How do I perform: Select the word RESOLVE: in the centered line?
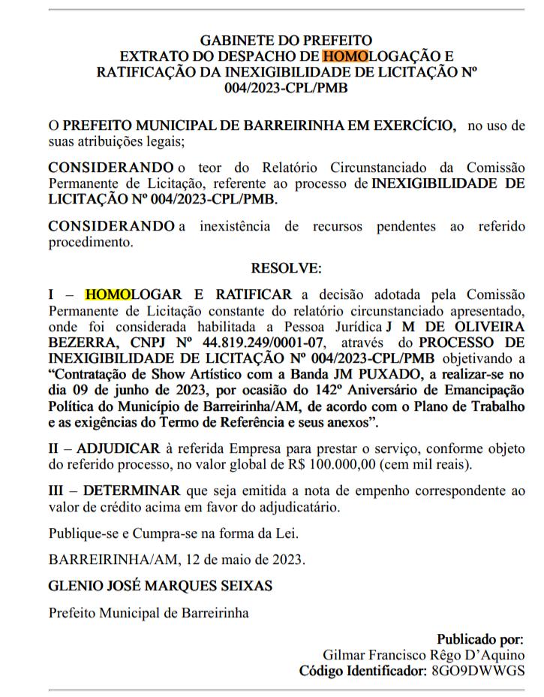tap(286, 267)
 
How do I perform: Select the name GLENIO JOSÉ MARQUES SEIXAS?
tap(161, 585)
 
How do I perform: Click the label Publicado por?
tap(480, 639)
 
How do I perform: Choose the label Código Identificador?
tap(363, 670)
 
